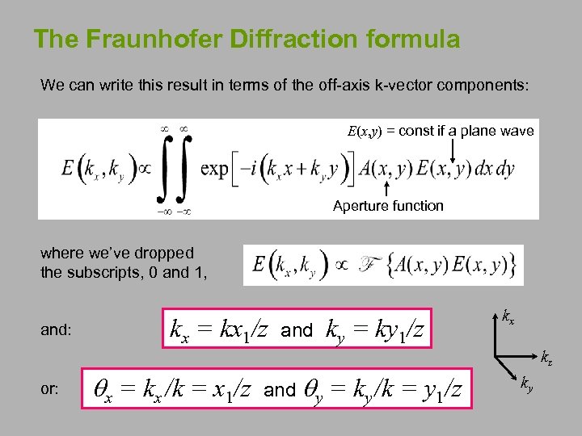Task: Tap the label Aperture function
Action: click(x=388, y=206)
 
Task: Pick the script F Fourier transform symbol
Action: click(x=365, y=265)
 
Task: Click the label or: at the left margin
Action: click(x=49, y=388)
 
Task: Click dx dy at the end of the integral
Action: click(x=496, y=170)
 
